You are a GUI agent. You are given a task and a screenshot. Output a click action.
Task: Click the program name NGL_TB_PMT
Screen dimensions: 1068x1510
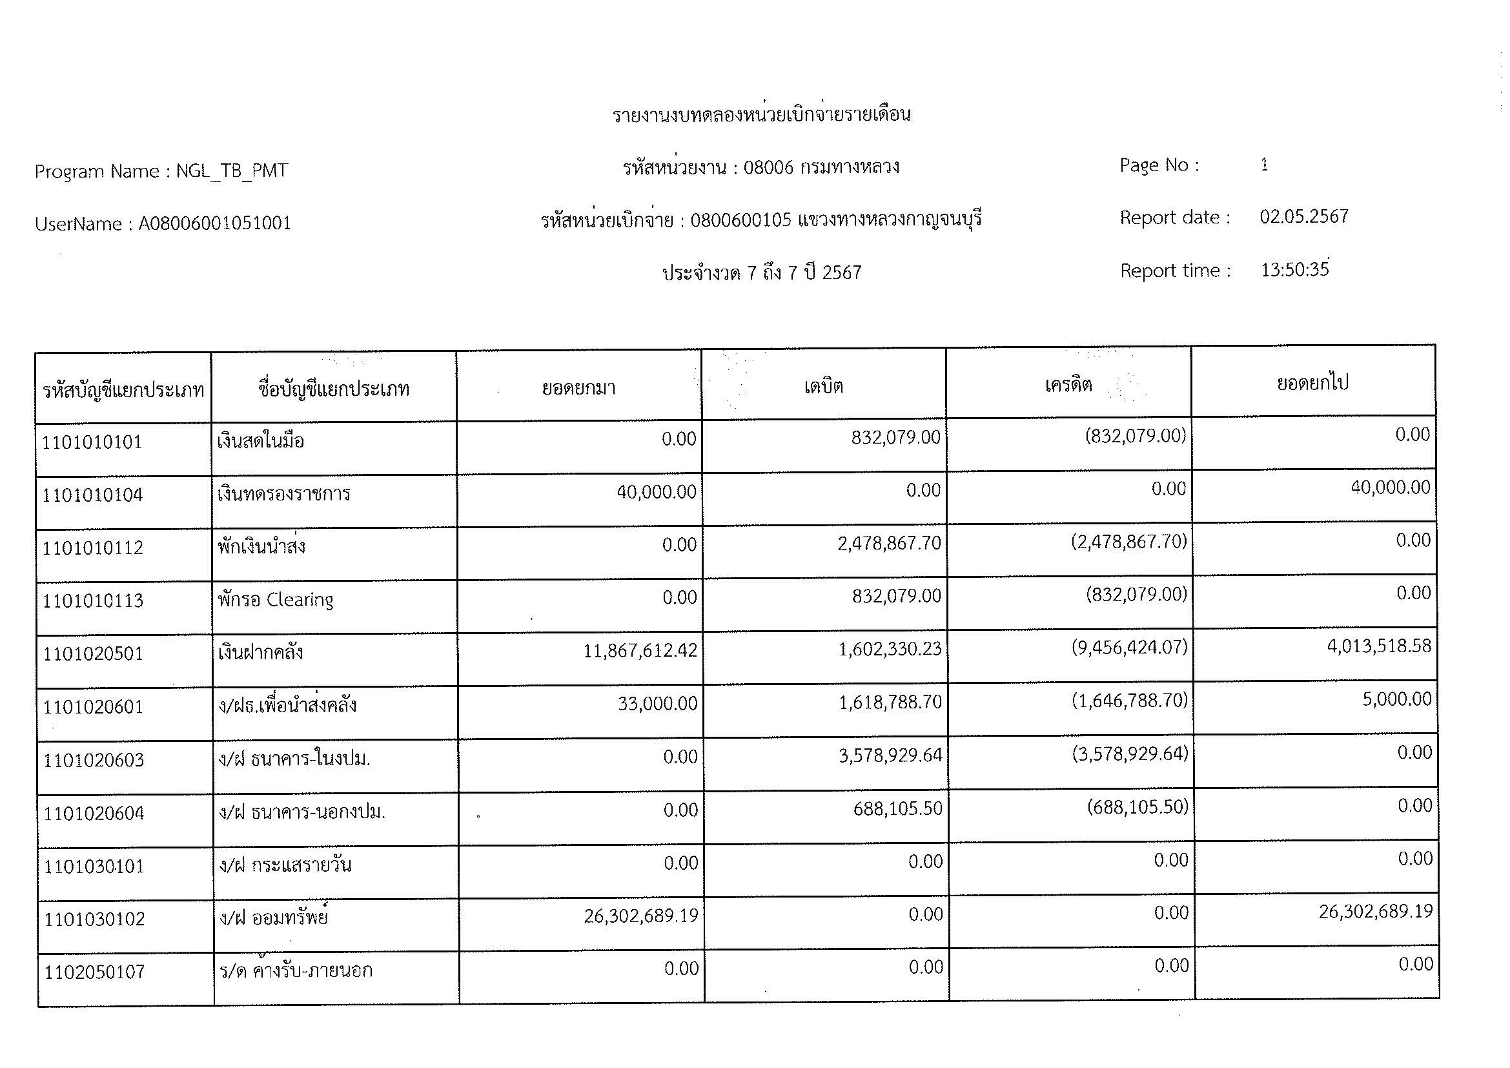[x=232, y=171]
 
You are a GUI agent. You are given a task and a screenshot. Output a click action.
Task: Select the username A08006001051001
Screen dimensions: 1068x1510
[x=214, y=223]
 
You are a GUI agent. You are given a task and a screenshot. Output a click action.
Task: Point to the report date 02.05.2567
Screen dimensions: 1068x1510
[x=1303, y=216]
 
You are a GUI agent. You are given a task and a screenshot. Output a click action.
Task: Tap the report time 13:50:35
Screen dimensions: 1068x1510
[x=1294, y=270]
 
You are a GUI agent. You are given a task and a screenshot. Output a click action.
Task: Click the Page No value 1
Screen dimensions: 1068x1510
[x=1264, y=165]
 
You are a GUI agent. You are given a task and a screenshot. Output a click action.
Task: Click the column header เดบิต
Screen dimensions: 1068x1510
[x=823, y=385]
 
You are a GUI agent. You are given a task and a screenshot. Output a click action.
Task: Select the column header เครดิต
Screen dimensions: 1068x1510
[x=1068, y=384]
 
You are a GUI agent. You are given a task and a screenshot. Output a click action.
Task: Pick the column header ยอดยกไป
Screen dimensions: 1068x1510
[x=1312, y=383]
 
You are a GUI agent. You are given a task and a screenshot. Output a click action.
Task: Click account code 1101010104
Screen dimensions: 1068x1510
[x=92, y=495]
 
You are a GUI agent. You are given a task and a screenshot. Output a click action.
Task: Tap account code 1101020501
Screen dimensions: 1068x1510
[x=93, y=653]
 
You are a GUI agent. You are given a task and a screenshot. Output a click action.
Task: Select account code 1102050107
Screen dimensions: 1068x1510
[x=94, y=972]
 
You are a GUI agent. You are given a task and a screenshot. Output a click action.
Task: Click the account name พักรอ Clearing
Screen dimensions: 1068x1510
[x=276, y=600]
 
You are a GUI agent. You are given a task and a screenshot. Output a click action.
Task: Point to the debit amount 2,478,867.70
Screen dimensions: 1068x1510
[x=889, y=543]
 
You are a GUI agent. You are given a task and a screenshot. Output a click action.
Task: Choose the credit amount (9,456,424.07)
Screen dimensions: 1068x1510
[x=1129, y=648]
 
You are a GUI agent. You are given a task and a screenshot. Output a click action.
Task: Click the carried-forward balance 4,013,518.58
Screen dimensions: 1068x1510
[x=1378, y=646]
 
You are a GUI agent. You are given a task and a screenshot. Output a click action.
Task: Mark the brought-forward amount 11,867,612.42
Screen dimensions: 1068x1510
[x=640, y=651]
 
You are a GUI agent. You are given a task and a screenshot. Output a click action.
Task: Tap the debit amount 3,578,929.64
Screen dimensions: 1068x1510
[x=890, y=755]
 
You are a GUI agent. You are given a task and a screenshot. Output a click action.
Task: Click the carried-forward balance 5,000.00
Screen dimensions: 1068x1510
[x=1396, y=699]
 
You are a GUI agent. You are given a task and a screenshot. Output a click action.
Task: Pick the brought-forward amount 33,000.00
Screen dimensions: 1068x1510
[x=657, y=704]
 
